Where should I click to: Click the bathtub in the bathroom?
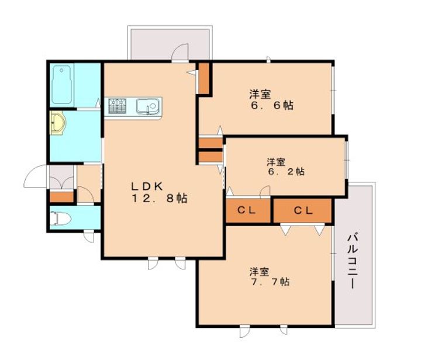(62, 85)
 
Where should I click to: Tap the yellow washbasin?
(57, 123)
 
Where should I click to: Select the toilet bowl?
(60, 219)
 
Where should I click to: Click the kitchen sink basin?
(147, 106)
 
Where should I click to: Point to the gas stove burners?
(117, 106)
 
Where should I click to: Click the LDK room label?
(147, 186)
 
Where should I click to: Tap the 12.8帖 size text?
(159, 199)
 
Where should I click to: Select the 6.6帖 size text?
(272, 105)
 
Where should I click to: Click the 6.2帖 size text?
(286, 171)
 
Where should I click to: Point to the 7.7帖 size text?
(270, 282)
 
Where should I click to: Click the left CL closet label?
(247, 210)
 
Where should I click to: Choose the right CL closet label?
(303, 210)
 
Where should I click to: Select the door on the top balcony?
(180, 53)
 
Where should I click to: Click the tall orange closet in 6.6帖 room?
(204, 78)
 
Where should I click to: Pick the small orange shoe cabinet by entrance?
(61, 197)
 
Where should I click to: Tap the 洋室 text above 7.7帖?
(260, 272)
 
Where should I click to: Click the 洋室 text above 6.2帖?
(276, 162)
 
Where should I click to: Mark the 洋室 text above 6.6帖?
(260, 94)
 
